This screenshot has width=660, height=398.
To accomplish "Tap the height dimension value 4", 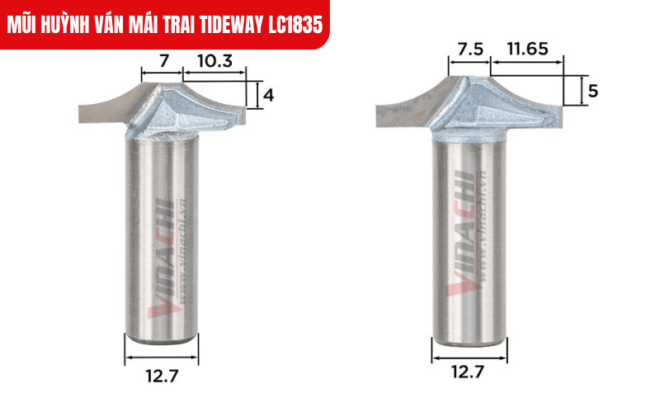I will pos(268,95).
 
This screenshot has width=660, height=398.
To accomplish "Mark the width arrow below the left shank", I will pos(162,359).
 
